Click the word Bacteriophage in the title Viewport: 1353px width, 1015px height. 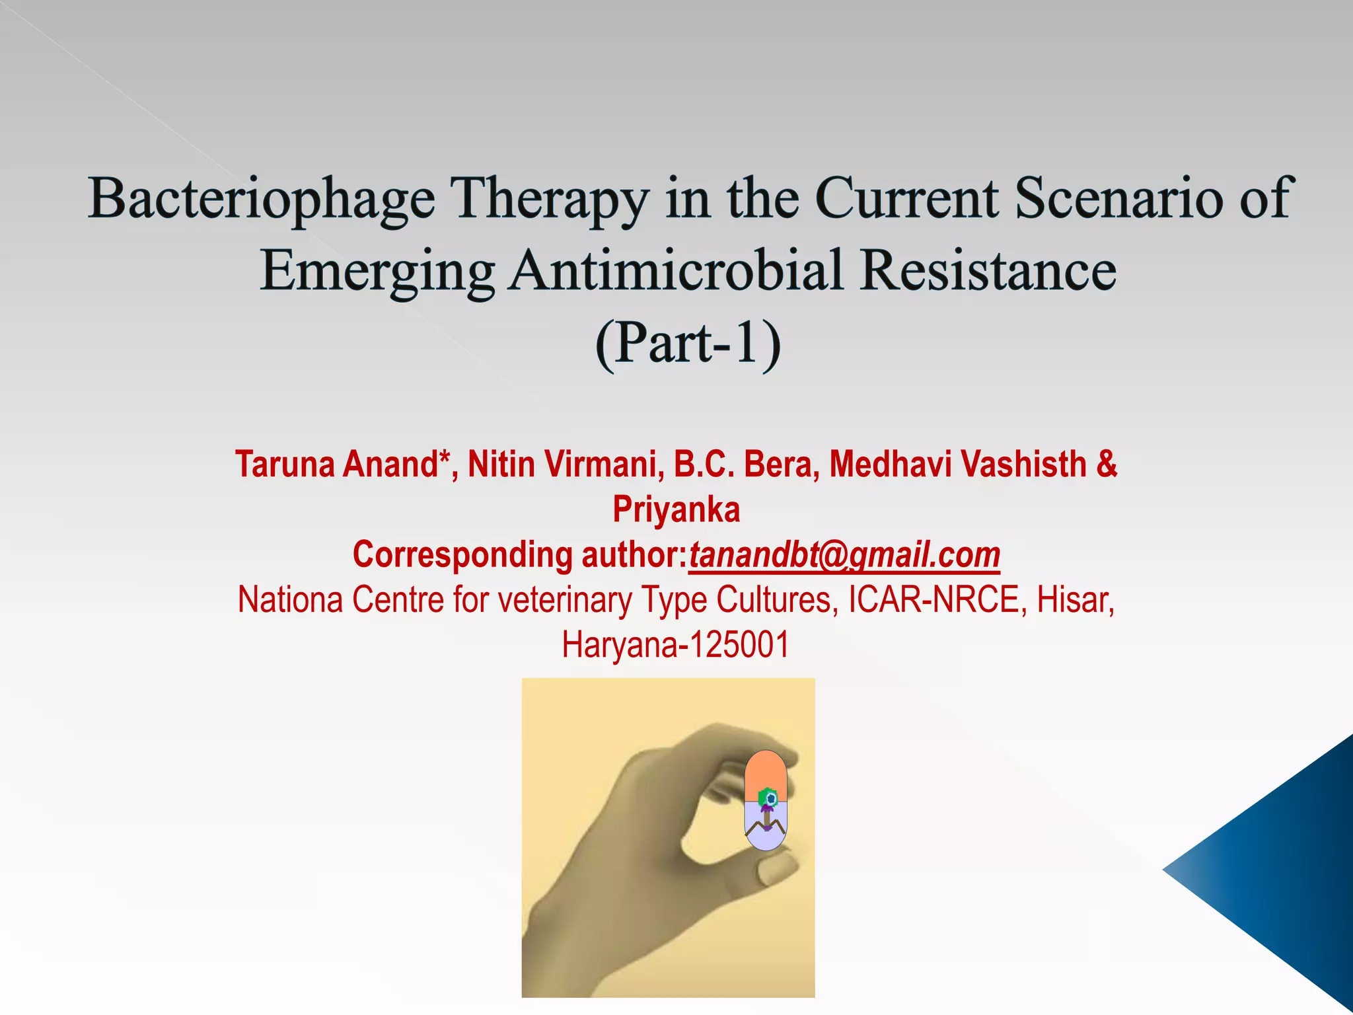coord(262,199)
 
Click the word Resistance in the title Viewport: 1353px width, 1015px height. coord(988,270)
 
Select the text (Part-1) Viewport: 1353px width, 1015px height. coord(688,343)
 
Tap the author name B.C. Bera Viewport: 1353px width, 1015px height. coord(747,464)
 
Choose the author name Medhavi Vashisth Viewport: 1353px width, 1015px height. coord(958,464)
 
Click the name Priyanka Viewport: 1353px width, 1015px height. coord(676,509)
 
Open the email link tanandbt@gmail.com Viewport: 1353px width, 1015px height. coord(844,555)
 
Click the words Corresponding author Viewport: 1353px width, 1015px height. coord(519,555)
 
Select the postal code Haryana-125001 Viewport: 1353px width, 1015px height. coord(676,645)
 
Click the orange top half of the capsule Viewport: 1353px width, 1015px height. coord(765,771)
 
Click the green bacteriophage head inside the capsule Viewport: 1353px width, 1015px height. coord(766,797)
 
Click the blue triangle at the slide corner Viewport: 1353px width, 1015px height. coord(1282,872)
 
